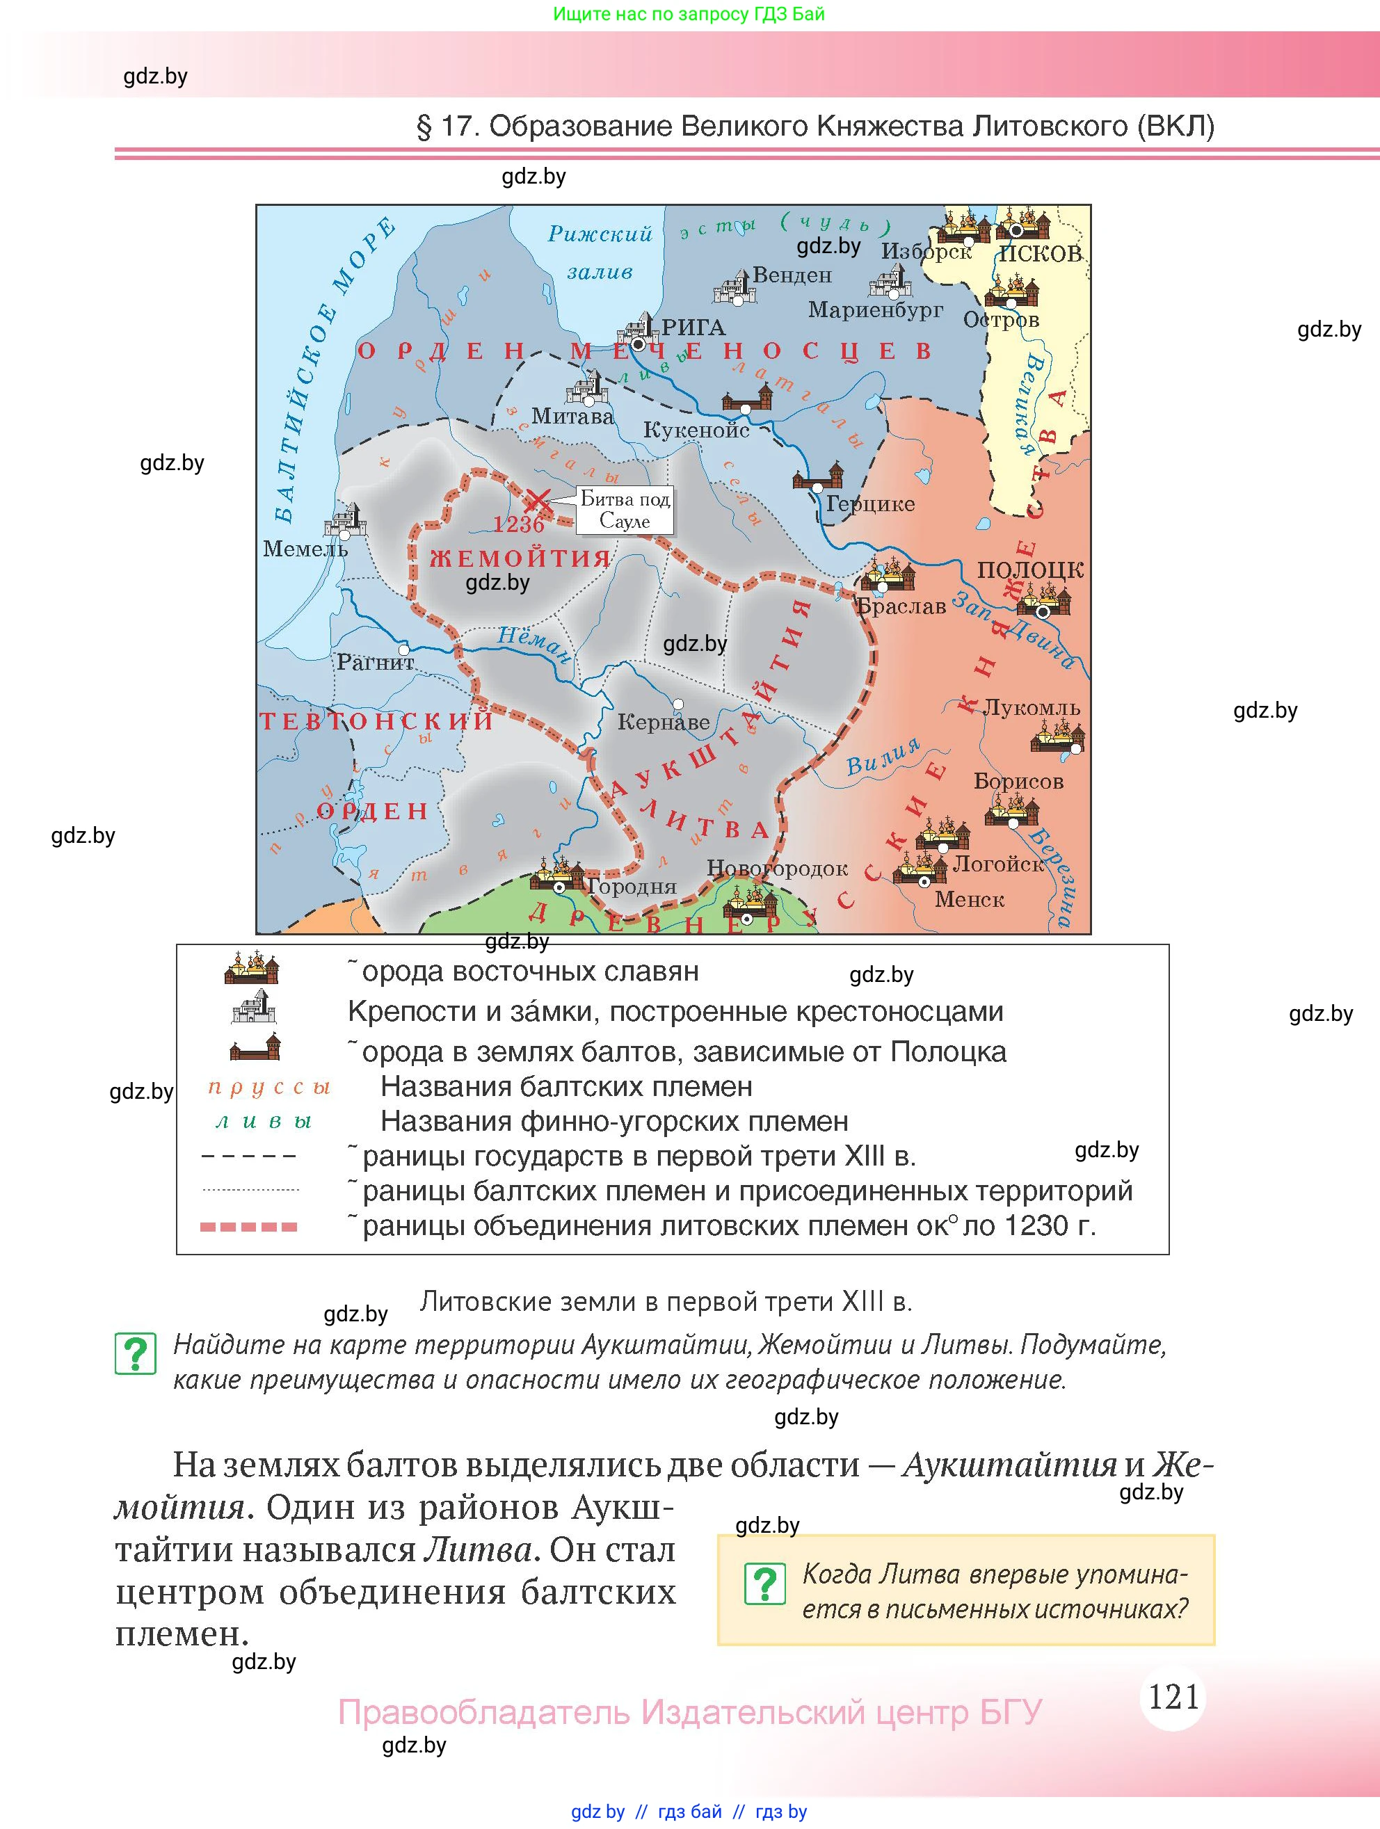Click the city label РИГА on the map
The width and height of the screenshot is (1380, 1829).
693,328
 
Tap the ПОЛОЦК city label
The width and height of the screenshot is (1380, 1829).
1029,570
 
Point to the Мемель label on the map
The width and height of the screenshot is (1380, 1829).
305,548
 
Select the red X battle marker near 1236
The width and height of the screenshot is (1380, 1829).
538,499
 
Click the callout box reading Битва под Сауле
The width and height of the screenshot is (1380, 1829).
625,509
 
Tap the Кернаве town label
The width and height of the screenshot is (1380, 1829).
663,722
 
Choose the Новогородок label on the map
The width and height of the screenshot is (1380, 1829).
776,868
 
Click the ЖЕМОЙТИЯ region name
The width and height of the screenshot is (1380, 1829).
520,558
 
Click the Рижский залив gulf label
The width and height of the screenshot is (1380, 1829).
600,252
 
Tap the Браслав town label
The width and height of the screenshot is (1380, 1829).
901,606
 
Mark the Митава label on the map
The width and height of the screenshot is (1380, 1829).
572,416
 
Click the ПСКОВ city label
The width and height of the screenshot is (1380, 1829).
1040,254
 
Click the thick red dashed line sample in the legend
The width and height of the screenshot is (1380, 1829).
249,1227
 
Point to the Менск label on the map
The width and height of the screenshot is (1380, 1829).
969,900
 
